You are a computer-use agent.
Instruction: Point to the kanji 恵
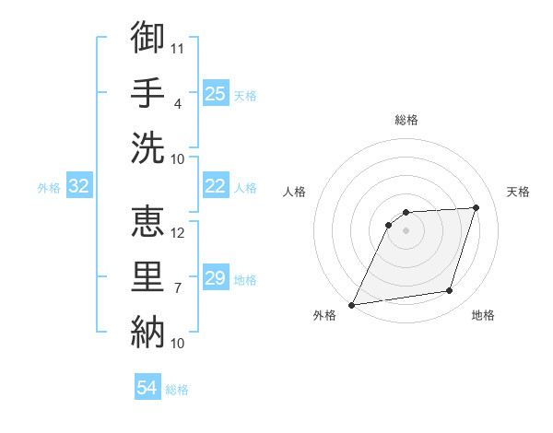coord(147,222)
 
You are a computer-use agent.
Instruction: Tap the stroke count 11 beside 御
coord(178,47)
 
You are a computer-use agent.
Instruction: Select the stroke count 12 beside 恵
coord(178,232)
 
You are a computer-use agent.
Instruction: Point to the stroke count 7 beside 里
coord(177,288)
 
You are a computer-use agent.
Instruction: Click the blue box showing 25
coord(216,93)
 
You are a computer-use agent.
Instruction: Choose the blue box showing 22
coord(216,186)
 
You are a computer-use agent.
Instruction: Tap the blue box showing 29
coord(216,278)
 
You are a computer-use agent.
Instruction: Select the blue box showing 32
coord(79,187)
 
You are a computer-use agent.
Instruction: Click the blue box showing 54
coord(147,388)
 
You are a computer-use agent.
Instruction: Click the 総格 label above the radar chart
coord(406,120)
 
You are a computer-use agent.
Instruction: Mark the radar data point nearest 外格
coord(351,304)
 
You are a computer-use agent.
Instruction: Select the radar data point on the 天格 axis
coord(476,207)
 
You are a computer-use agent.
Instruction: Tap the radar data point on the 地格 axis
coord(450,291)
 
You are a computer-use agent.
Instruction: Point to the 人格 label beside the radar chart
coord(294,192)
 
